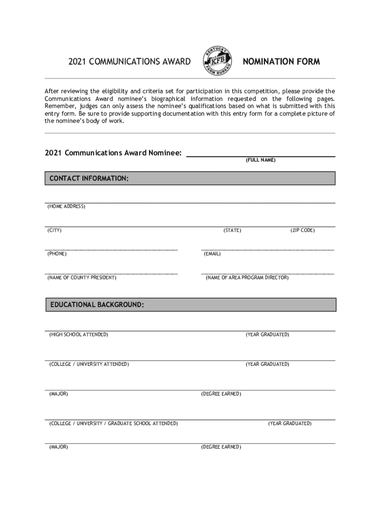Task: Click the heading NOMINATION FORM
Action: click(x=281, y=62)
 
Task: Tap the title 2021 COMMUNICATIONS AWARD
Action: click(x=129, y=62)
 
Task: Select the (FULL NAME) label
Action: click(x=261, y=160)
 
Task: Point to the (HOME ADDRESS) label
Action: click(x=66, y=206)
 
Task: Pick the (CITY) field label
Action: click(x=54, y=230)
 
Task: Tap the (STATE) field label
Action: click(x=232, y=230)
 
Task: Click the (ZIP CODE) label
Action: click(x=303, y=230)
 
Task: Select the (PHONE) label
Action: click(x=57, y=254)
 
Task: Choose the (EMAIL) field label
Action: click(x=212, y=254)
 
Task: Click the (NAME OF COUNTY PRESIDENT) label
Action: click(x=82, y=278)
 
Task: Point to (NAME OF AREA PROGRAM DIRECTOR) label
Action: click(x=247, y=278)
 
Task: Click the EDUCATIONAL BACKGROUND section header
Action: click(x=97, y=305)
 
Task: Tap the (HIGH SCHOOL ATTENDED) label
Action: click(x=78, y=335)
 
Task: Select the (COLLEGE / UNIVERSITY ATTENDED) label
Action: click(x=89, y=364)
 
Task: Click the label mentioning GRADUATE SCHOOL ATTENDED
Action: click(x=114, y=424)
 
